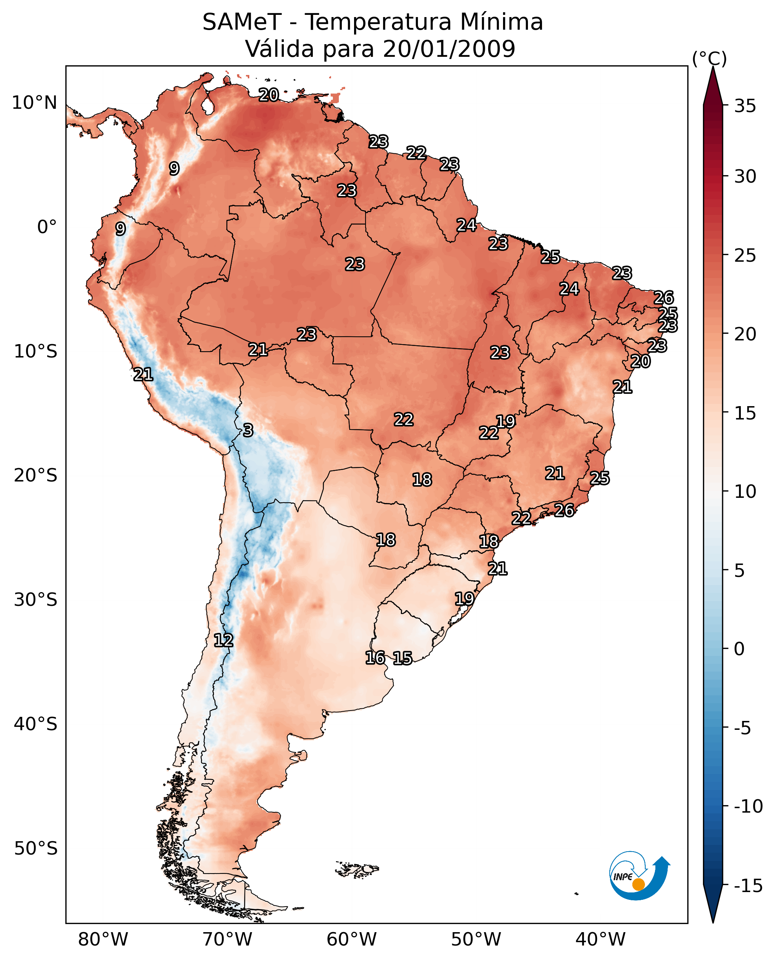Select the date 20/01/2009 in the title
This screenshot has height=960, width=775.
449,49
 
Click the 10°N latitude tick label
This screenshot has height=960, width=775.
35,103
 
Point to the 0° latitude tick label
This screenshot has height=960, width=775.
47,227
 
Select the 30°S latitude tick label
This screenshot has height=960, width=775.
36,600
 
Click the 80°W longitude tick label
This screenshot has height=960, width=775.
103,939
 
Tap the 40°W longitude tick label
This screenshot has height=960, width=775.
600,939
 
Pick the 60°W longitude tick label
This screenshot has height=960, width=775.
352,939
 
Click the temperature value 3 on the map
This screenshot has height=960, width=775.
248,431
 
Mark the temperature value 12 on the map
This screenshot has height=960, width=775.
223,641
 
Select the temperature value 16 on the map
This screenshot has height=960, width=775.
375,657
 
